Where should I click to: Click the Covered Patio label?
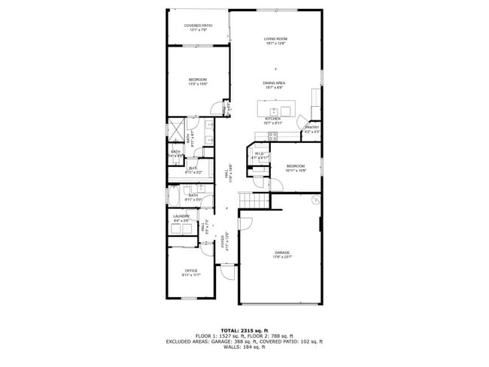tap(198, 28)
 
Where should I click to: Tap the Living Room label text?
tap(275, 41)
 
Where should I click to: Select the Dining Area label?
tap(273, 85)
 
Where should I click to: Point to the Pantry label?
tap(311, 129)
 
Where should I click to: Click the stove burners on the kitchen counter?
tap(272, 135)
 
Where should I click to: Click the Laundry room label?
tap(181, 218)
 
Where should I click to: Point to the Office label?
tap(190, 272)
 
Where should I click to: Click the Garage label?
tap(281, 254)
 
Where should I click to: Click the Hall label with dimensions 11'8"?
tap(227, 174)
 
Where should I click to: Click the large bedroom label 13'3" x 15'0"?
tap(197, 80)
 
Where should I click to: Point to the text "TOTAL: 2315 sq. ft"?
tap(244, 330)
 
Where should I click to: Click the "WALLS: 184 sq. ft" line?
tap(244, 347)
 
